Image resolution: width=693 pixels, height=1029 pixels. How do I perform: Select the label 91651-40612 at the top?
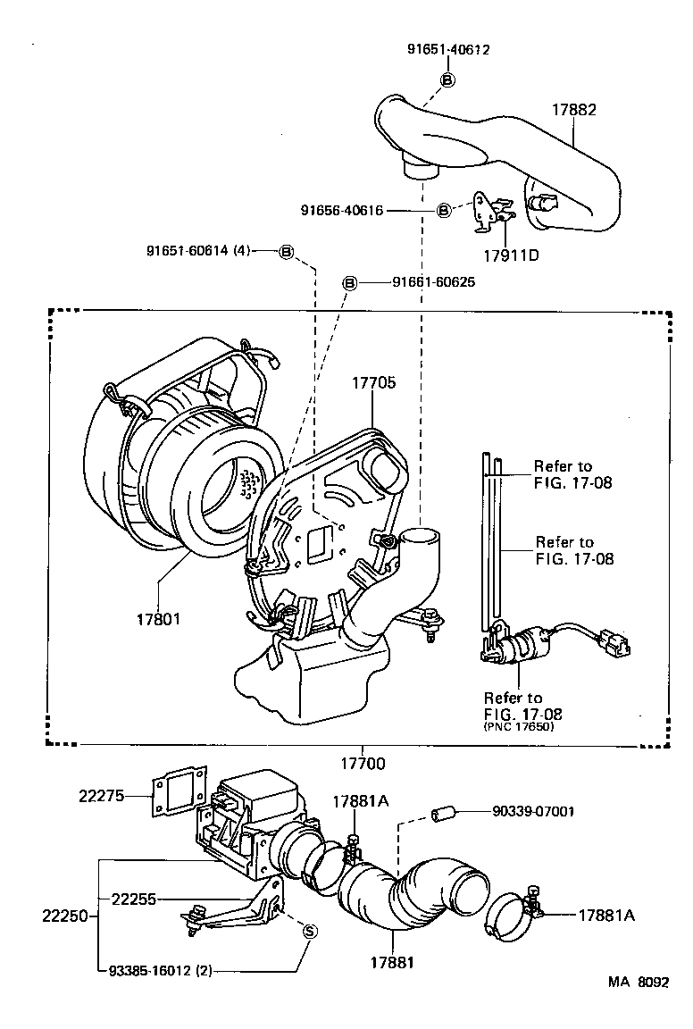click(x=447, y=50)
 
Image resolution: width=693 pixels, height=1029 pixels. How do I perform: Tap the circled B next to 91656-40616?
click(x=443, y=211)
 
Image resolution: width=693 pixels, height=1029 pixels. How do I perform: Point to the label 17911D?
click(x=511, y=254)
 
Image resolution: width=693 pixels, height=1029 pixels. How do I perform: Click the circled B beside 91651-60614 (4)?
click(x=287, y=252)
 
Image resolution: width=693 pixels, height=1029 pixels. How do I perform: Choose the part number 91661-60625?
click(x=433, y=282)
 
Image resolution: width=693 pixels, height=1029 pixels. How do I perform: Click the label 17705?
click(x=372, y=382)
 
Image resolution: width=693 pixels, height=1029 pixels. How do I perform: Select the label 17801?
click(x=158, y=618)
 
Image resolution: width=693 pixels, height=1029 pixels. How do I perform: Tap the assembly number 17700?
click(x=362, y=764)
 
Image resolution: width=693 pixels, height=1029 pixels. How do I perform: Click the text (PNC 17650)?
click(x=519, y=727)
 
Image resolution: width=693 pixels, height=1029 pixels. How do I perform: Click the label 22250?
click(x=64, y=916)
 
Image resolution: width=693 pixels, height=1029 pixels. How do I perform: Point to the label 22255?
click(x=133, y=899)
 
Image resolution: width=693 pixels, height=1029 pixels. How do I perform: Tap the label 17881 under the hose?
click(x=393, y=963)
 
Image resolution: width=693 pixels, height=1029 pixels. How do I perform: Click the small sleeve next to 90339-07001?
click(x=445, y=813)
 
